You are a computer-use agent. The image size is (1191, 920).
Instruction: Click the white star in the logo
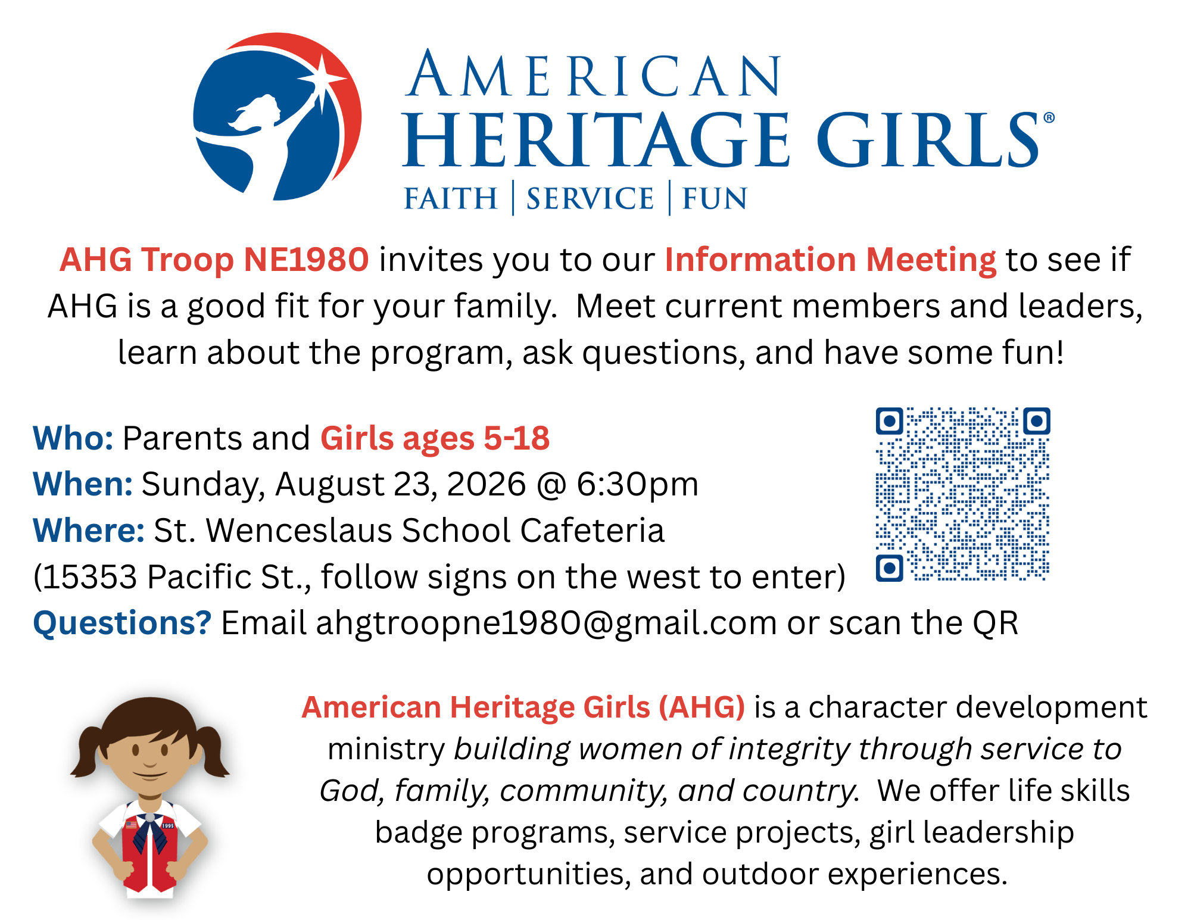tap(322, 81)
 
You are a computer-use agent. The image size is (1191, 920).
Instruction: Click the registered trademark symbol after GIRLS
tap(1049, 118)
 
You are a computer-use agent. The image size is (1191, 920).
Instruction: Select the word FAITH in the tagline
tap(451, 198)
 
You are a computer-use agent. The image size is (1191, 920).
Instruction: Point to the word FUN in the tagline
tap(714, 198)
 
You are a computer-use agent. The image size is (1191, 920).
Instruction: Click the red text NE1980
tap(306, 260)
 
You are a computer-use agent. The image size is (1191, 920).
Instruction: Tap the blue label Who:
tap(73, 438)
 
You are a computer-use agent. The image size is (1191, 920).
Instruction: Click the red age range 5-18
tap(516, 438)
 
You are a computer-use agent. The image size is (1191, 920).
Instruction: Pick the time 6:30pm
tap(637, 484)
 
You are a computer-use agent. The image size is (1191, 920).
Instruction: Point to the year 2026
tap(487, 484)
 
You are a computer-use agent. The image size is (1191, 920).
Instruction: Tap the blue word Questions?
tap(122, 623)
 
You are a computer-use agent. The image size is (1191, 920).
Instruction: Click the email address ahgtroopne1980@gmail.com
tap(546, 623)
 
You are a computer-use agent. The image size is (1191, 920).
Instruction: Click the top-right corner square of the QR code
tap(1037, 421)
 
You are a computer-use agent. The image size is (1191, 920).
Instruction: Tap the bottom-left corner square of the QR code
tap(890, 567)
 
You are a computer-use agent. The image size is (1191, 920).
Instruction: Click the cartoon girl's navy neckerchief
tap(150, 832)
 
